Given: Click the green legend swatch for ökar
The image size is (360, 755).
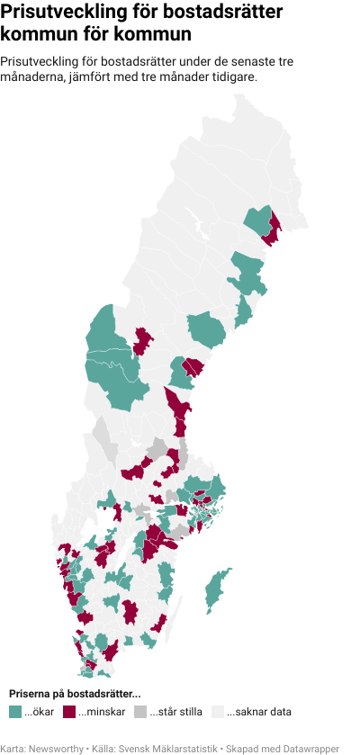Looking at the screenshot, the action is (x=15, y=712).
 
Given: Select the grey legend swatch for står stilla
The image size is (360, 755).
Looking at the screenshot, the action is (x=139, y=712).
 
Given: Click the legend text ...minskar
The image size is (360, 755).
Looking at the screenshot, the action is (x=102, y=712).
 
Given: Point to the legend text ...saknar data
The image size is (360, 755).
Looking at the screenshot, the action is (x=259, y=712).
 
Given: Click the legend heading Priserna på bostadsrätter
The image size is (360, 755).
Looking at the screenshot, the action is (x=75, y=694).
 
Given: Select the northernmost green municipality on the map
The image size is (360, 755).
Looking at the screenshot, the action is (x=258, y=220).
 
